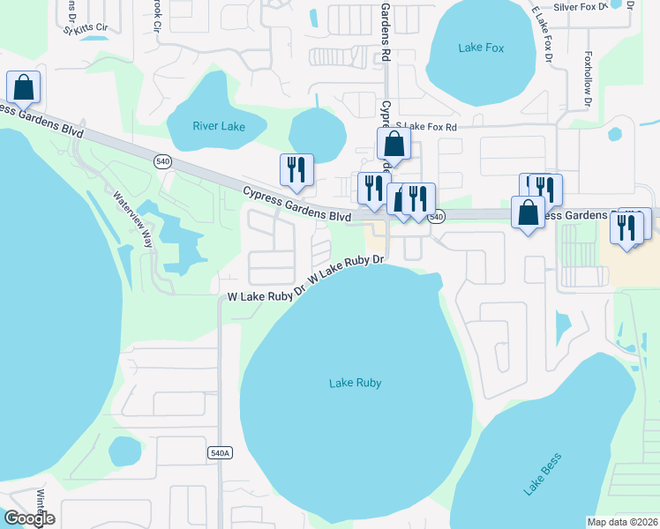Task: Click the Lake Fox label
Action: click(x=481, y=48)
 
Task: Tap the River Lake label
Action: click(x=219, y=126)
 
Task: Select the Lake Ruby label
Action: click(x=355, y=383)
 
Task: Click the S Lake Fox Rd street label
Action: click(x=427, y=127)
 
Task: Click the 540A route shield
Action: click(x=220, y=452)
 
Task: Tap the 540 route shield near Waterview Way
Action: click(x=162, y=161)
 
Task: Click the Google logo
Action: click(x=29, y=518)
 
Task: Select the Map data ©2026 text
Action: click(x=623, y=521)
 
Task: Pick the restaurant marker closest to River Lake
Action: click(x=296, y=169)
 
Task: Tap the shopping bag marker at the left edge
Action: click(x=23, y=86)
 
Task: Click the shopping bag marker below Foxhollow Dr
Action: click(x=528, y=212)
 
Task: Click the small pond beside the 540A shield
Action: click(x=124, y=452)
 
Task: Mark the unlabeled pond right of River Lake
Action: click(x=319, y=133)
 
